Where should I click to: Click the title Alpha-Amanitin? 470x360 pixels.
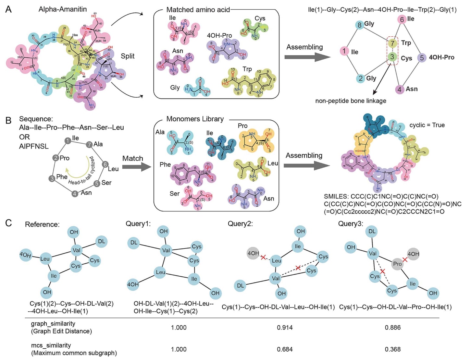(x=62, y=9)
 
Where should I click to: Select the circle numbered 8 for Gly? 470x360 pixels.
(x=359, y=25)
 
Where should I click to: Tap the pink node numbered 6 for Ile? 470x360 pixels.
(x=402, y=19)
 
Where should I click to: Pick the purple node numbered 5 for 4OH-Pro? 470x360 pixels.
(x=422, y=58)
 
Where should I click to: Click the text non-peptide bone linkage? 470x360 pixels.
(x=351, y=101)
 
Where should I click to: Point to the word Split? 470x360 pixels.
(x=128, y=56)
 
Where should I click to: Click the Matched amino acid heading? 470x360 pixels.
(x=198, y=10)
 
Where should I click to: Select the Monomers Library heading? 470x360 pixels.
(x=195, y=119)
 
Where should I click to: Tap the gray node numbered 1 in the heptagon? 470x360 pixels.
(x=68, y=141)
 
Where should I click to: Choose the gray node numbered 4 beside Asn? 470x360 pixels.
(x=75, y=194)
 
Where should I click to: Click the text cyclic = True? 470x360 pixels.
(x=427, y=125)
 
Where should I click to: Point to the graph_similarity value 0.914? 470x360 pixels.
(x=285, y=328)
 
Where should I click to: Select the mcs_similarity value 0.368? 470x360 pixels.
(x=392, y=349)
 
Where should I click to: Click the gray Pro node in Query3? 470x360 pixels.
(x=397, y=264)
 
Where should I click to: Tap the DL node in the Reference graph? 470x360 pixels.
(x=102, y=241)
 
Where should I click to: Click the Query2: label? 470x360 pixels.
(x=240, y=224)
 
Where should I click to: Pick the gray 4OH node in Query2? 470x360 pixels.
(x=253, y=253)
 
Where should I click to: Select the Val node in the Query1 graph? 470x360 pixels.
(x=166, y=250)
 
